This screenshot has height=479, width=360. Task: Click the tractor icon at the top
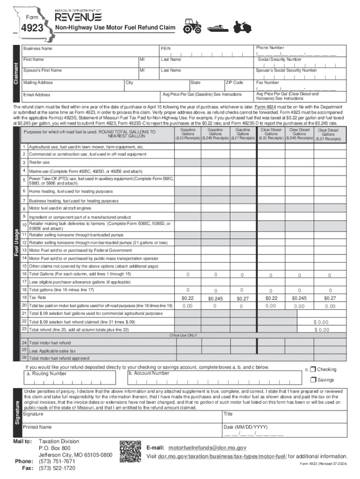(192, 27)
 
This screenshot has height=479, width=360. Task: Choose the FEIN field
(206, 51)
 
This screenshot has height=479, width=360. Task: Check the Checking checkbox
(313, 369)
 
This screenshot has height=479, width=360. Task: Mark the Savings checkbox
(313, 380)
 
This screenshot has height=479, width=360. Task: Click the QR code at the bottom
(129, 451)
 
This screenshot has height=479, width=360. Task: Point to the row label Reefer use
(39, 162)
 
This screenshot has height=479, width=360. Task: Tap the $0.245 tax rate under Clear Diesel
(299, 298)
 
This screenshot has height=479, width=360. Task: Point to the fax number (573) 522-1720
(57, 467)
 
